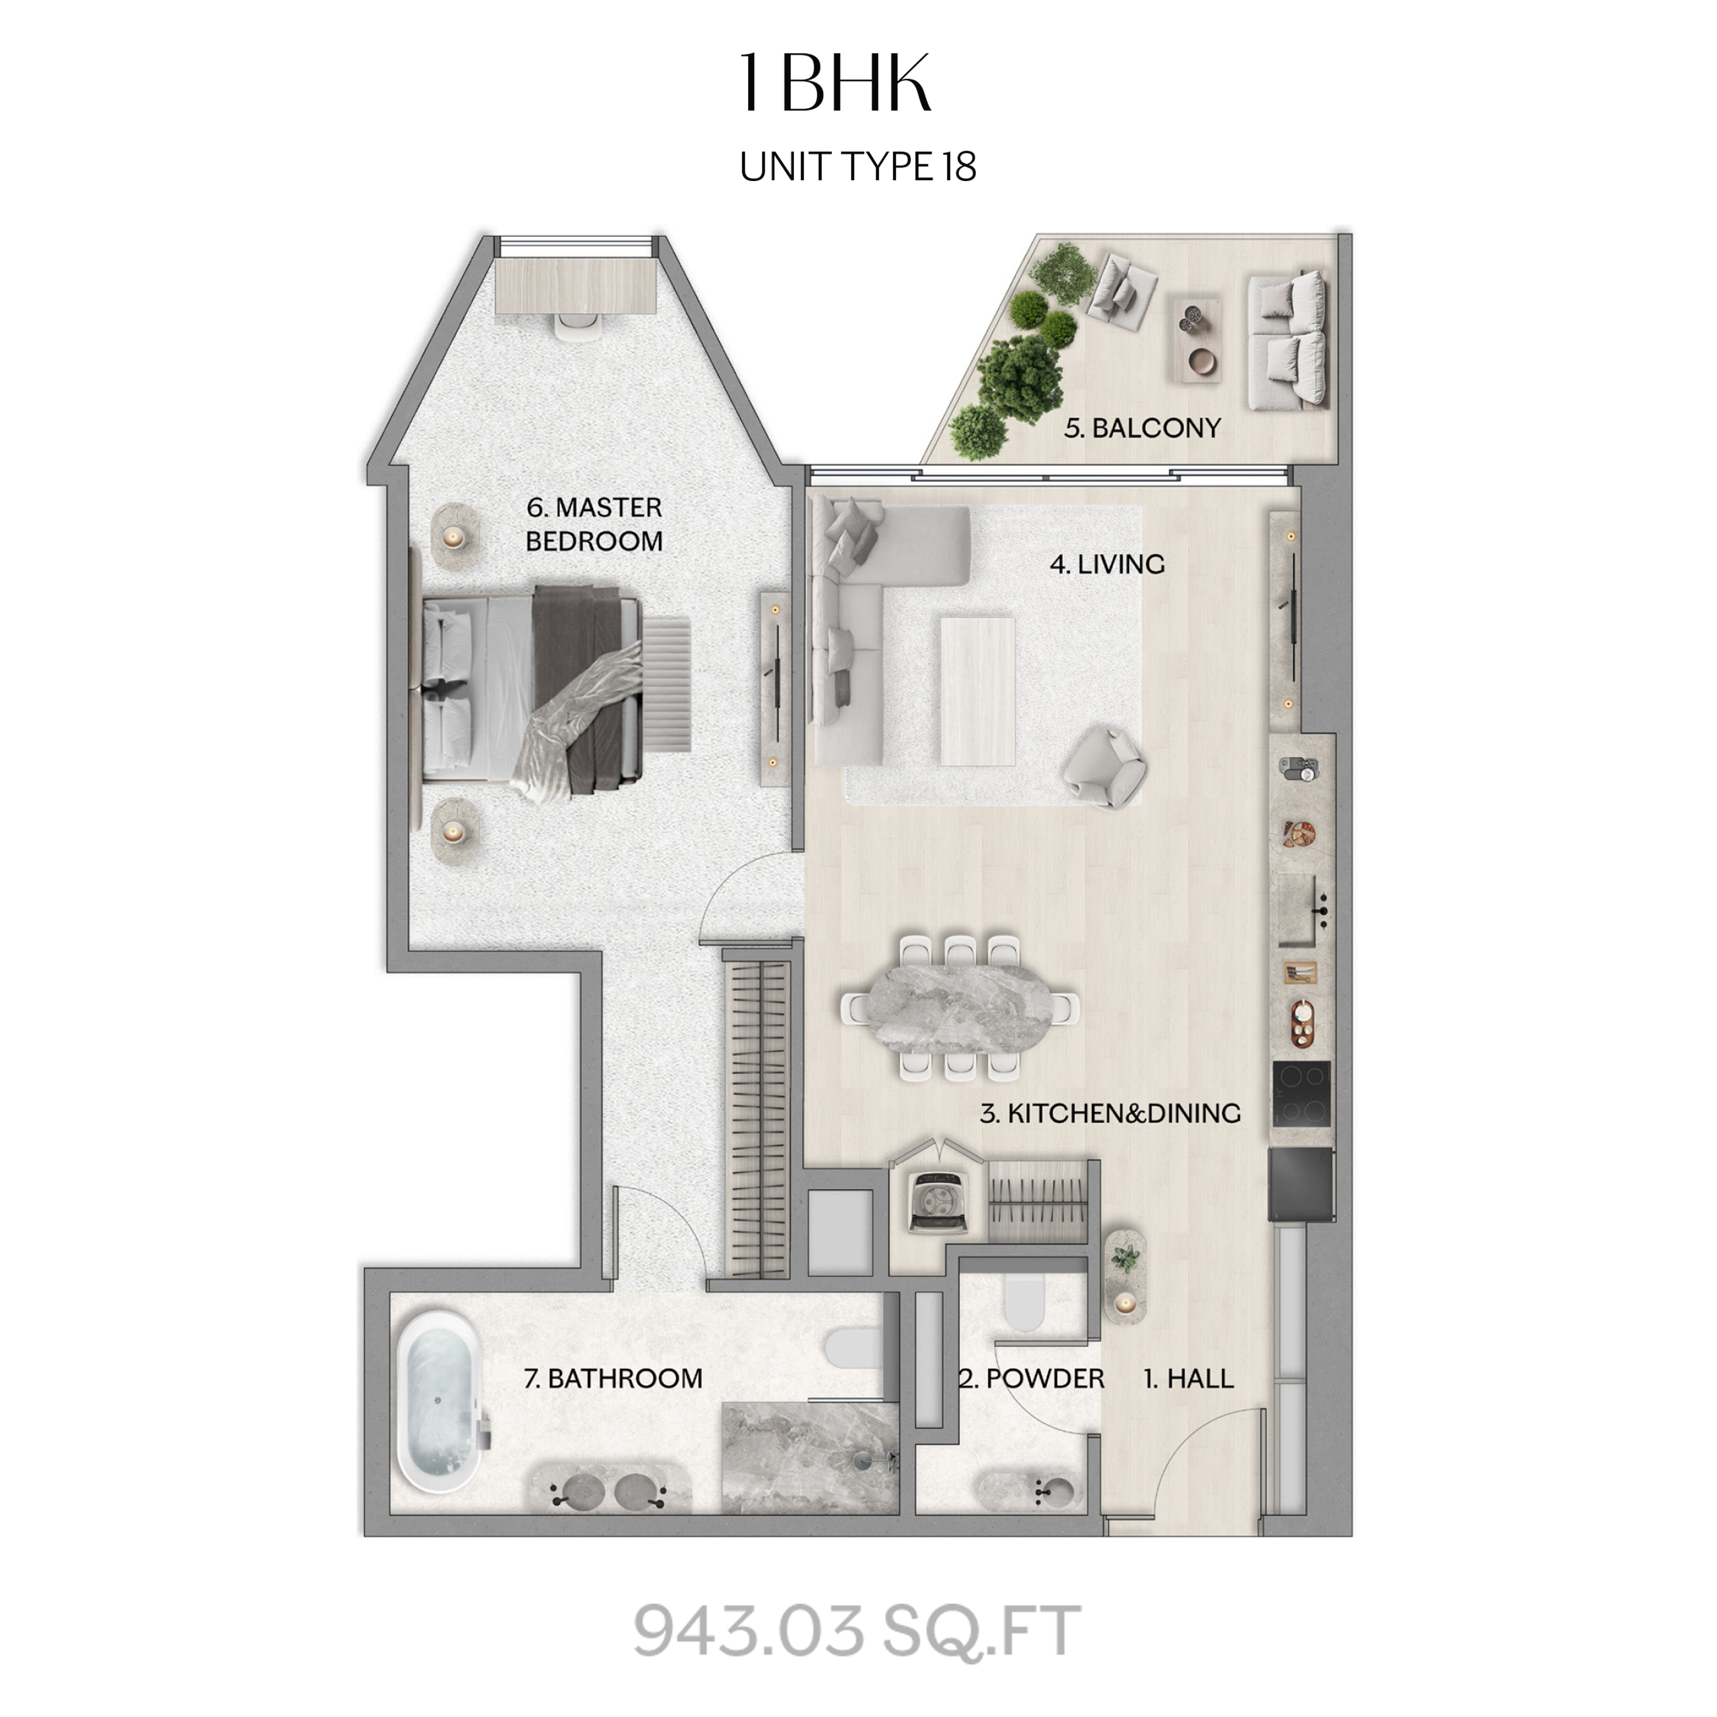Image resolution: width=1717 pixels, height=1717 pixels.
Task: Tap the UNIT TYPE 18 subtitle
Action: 858,166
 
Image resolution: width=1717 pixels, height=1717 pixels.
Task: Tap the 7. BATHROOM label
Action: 613,1379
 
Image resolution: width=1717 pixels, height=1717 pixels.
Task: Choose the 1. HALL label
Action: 1188,1379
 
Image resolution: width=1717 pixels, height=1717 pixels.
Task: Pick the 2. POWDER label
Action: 1031,1379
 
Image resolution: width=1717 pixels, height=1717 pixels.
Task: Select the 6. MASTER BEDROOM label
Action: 594,524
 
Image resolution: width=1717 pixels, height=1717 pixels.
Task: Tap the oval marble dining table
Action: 960,1009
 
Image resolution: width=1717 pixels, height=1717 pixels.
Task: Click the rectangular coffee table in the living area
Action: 978,691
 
